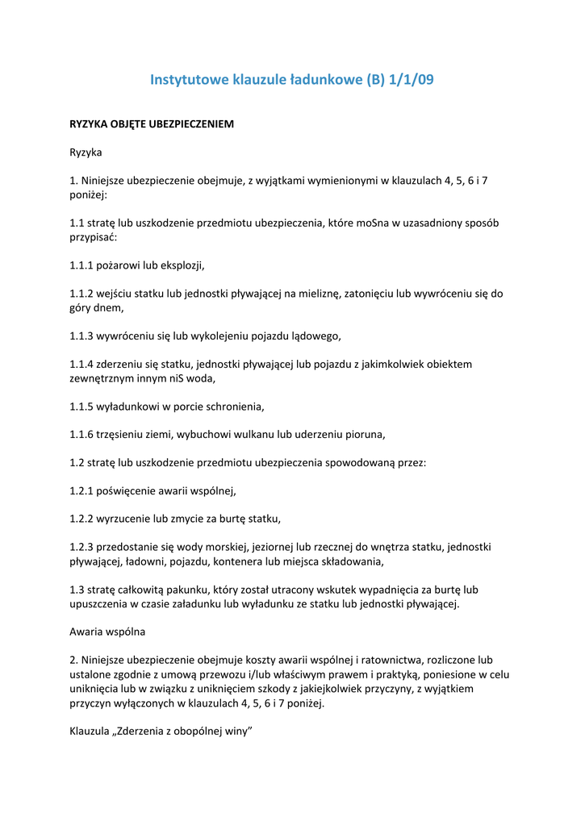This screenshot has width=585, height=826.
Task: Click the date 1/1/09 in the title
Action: pos(412,79)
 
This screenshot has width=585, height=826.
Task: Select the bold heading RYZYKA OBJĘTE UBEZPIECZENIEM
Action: pos(151,124)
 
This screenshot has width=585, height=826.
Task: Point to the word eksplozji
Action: pos(179,264)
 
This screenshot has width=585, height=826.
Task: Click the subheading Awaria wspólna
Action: pos(107,632)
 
